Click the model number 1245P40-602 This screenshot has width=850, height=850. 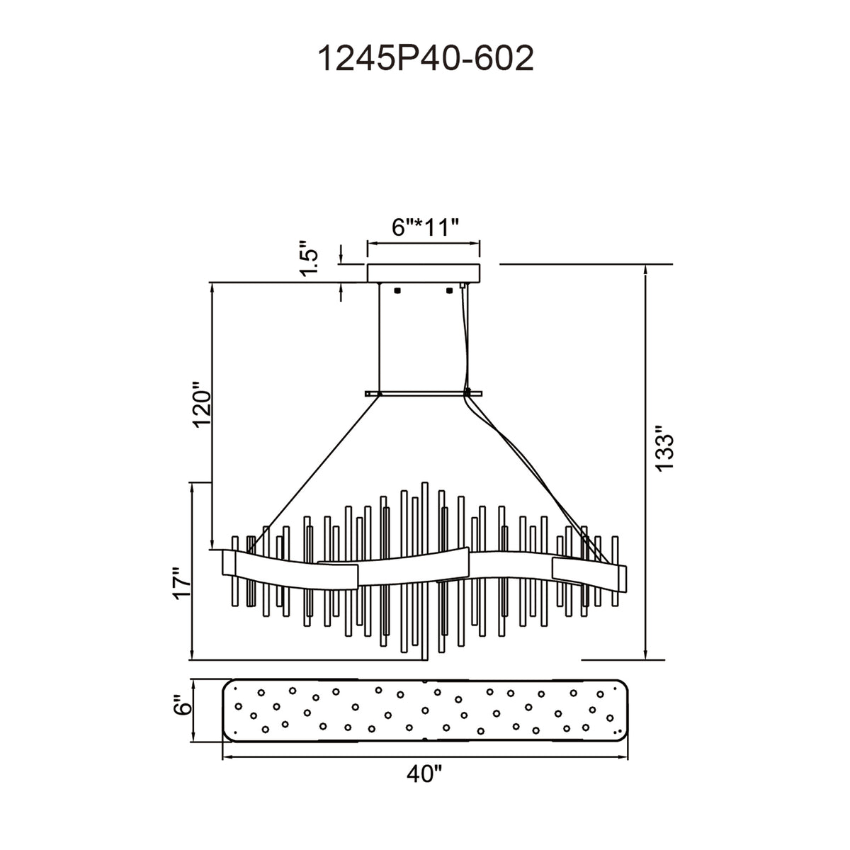pos(425,59)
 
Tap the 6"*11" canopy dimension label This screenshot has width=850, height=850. pos(425,227)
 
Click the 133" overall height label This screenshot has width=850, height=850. pos(664,448)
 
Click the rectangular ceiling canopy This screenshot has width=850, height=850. pos(424,273)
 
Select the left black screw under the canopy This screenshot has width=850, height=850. pos(397,290)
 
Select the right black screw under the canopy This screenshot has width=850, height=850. pos(450,290)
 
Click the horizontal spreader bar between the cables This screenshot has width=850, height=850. pos(424,393)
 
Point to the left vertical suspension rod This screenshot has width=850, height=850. pos(378,337)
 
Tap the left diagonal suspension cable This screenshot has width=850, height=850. pos(313,473)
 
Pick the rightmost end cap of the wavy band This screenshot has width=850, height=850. pos(621,578)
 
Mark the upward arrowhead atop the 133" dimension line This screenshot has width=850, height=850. pos(646,269)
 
